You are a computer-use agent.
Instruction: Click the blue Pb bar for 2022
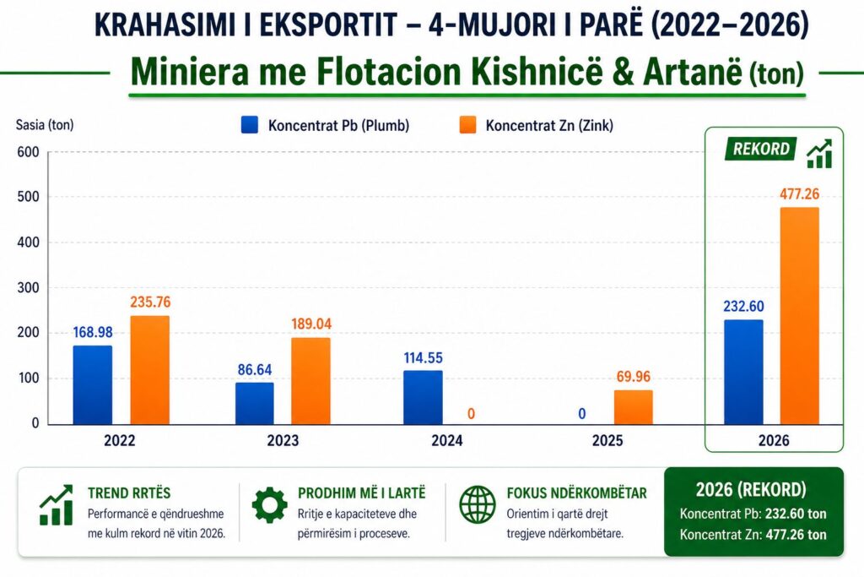(x=92, y=384)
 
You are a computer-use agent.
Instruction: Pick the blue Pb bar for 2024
(x=422, y=396)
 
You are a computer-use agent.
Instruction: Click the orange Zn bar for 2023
(x=310, y=380)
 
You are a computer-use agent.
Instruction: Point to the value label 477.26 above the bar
(x=799, y=194)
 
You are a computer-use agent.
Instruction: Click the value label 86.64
(x=254, y=369)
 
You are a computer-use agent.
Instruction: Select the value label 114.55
(x=422, y=357)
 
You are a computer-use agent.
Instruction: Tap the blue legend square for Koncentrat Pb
(x=249, y=126)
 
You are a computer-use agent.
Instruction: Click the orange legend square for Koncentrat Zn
(x=467, y=126)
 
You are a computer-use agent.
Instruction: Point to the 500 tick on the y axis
(x=29, y=198)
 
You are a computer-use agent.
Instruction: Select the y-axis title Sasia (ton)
(x=45, y=126)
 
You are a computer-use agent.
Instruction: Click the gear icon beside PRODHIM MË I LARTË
(x=269, y=505)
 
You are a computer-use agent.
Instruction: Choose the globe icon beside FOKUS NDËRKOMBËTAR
(x=477, y=505)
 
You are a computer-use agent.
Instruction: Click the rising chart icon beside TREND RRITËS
(x=56, y=505)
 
